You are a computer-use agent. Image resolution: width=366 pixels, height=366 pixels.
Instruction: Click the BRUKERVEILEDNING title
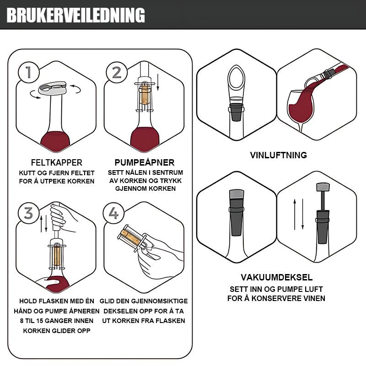click(x=76, y=15)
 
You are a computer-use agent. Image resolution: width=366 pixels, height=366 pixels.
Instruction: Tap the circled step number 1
click(x=28, y=72)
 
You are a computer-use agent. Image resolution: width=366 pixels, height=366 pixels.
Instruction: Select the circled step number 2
click(x=117, y=72)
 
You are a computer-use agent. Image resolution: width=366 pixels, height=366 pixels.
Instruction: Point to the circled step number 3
click(x=28, y=213)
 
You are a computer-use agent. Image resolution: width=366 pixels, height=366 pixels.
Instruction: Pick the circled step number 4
click(x=113, y=213)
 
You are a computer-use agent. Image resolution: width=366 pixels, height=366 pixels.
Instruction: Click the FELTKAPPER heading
click(x=56, y=162)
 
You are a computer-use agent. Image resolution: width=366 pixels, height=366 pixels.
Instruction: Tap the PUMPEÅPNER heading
click(x=145, y=162)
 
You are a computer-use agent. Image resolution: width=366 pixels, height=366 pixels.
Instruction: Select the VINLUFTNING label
click(x=278, y=155)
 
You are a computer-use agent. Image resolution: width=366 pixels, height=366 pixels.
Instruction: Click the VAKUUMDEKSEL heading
click(x=277, y=277)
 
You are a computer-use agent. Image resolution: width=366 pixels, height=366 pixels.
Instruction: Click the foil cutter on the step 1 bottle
click(x=53, y=88)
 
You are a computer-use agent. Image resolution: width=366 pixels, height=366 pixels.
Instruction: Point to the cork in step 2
click(x=145, y=95)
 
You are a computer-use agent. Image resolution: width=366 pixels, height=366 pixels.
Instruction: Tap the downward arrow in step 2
click(x=158, y=82)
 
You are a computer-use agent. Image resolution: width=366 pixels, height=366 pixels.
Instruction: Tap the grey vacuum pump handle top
click(x=323, y=187)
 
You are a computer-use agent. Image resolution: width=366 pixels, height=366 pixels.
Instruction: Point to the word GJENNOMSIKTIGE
click(x=160, y=301)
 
